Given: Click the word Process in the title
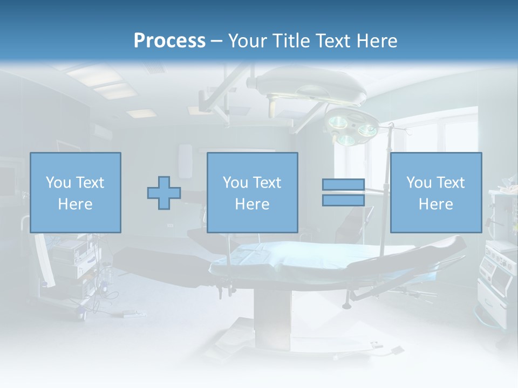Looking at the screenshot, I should tap(169, 41).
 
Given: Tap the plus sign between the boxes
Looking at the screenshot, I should tap(164, 193).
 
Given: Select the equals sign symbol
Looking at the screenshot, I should tap(343, 192).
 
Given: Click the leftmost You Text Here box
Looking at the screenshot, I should tap(75, 192).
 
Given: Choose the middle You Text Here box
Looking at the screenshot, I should tap(252, 192).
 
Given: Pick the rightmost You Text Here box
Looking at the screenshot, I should tap(435, 192).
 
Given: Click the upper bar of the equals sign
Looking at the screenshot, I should tap(343, 185).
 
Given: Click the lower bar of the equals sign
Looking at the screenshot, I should tap(343, 200).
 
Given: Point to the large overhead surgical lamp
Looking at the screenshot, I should tap(308, 84).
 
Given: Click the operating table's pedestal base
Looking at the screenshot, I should tap(272, 318).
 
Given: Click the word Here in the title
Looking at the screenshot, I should tap(376, 41).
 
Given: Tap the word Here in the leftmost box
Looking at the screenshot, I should tap(75, 204).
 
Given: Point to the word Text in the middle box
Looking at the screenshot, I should tap(267, 183).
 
